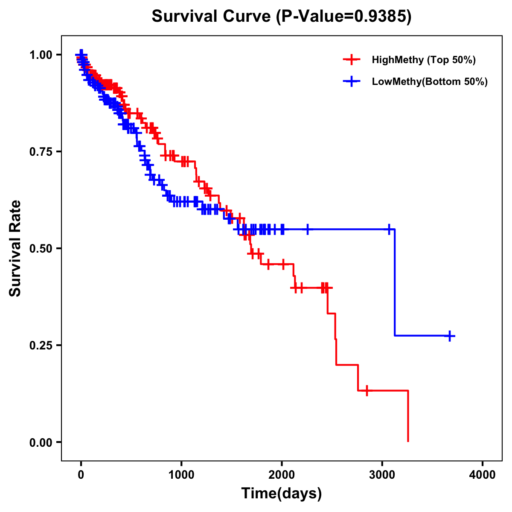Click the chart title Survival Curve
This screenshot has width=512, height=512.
(x=211, y=17)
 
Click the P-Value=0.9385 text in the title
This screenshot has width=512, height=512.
(x=343, y=17)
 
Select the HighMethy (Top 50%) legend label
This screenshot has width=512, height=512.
(x=424, y=60)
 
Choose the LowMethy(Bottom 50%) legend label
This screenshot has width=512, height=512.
(x=430, y=81)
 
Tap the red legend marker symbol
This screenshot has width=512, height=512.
(x=351, y=60)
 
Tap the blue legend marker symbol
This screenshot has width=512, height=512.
(x=351, y=81)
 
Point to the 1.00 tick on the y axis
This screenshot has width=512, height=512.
(x=41, y=55)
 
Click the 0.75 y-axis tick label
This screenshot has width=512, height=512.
(x=41, y=151)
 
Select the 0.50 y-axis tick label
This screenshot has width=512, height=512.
(x=41, y=248)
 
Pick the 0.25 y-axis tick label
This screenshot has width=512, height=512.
(x=41, y=345)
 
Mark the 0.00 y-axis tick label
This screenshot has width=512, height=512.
(x=41, y=442)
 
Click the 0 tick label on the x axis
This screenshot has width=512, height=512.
(x=81, y=475)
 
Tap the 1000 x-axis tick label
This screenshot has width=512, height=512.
(x=181, y=475)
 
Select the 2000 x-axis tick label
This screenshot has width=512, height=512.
(x=282, y=475)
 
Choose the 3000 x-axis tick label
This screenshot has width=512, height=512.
(x=382, y=475)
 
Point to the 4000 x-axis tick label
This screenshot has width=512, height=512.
(x=483, y=475)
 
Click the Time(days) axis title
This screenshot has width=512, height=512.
(x=282, y=494)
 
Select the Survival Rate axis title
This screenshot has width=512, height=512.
(x=15, y=248)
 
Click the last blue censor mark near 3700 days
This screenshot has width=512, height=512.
(x=449, y=336)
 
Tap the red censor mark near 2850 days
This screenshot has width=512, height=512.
(x=367, y=390)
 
